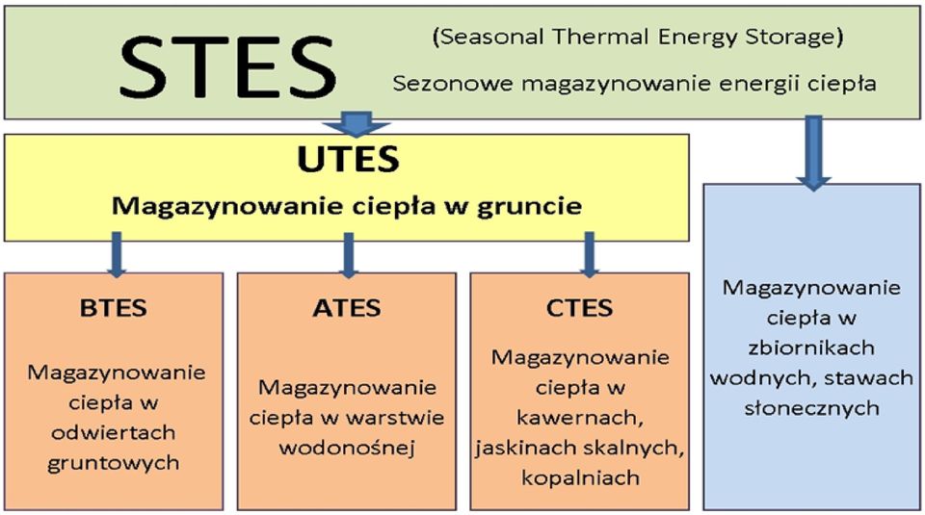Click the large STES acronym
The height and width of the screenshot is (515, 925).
227,66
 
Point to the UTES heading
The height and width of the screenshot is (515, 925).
348,159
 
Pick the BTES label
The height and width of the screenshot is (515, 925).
114,308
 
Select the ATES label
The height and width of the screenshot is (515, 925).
346,308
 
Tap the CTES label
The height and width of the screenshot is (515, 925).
579,308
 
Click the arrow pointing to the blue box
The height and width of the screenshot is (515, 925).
813,153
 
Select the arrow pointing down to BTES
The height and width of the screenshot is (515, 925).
117,254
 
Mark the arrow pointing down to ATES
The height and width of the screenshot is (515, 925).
349,255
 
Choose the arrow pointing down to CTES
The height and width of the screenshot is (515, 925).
589,254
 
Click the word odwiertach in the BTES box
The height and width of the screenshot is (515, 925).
114,432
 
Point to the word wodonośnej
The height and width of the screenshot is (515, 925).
347,448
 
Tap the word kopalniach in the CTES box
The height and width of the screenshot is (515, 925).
580,477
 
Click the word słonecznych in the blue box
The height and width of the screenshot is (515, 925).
811,408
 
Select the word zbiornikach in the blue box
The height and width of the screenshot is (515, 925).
811,348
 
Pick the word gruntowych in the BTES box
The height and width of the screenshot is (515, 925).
114,464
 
